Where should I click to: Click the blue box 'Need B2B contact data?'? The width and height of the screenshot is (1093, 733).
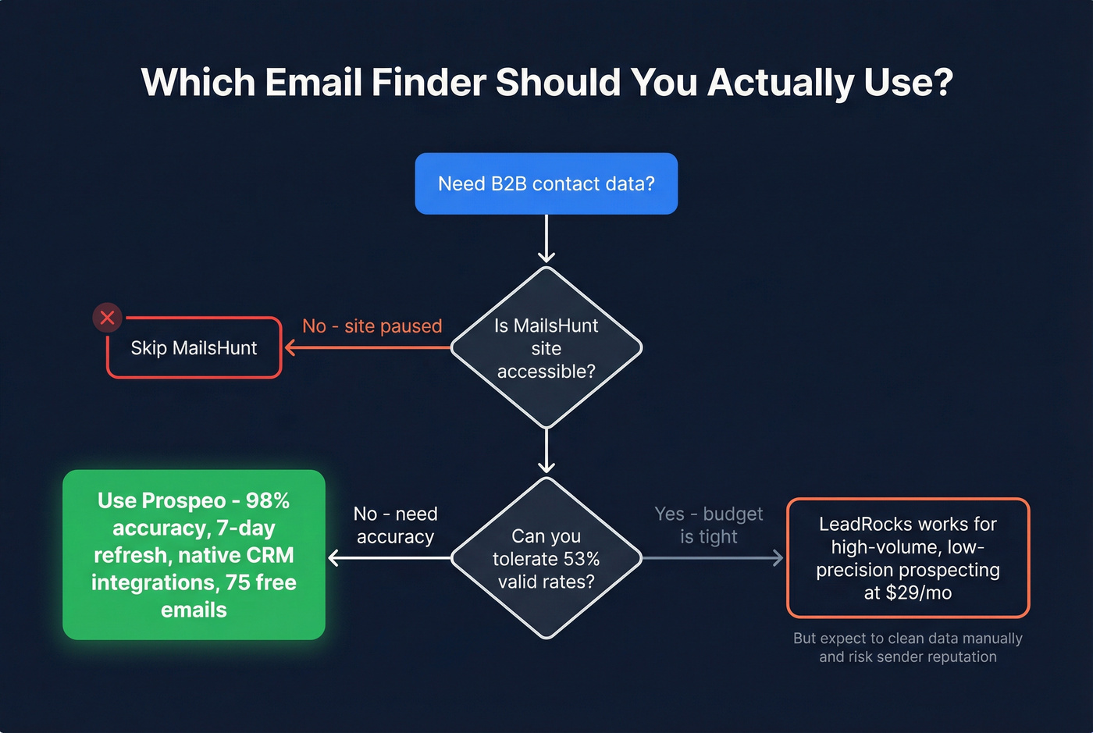(x=546, y=183)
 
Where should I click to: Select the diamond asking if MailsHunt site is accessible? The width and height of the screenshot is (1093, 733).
(x=546, y=348)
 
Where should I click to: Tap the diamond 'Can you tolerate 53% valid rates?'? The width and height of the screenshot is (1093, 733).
(x=546, y=558)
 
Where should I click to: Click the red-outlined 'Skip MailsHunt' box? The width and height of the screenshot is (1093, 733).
(x=194, y=348)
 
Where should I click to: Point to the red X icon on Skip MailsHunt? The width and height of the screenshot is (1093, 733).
(x=108, y=318)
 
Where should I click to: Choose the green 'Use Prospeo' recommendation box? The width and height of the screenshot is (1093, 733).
(x=194, y=555)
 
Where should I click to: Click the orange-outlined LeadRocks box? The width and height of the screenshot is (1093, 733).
(x=907, y=558)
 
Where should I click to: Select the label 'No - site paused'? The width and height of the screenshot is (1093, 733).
(x=372, y=326)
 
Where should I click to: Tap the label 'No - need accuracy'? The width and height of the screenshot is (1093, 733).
(x=395, y=525)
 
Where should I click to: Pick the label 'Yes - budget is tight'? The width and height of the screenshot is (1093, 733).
(x=708, y=525)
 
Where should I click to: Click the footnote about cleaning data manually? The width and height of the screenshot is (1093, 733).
(x=907, y=648)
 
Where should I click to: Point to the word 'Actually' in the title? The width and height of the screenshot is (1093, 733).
(x=780, y=83)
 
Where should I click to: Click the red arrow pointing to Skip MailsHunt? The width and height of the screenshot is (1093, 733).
(x=367, y=347)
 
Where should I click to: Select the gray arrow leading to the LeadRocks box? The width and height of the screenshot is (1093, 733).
(x=710, y=558)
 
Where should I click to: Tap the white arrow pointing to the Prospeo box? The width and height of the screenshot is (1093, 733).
(x=390, y=558)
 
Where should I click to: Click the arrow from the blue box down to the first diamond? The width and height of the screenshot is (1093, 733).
(x=546, y=239)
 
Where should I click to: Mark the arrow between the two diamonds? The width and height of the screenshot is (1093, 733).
(x=546, y=451)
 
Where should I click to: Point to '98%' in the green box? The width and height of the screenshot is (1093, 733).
(x=268, y=500)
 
